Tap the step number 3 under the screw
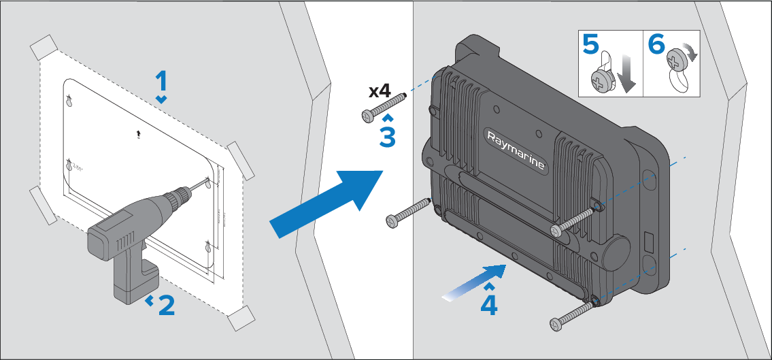[x=387, y=136]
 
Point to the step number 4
[x=488, y=304]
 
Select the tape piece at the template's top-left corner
[x=46, y=48]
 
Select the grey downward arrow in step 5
[x=628, y=76]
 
